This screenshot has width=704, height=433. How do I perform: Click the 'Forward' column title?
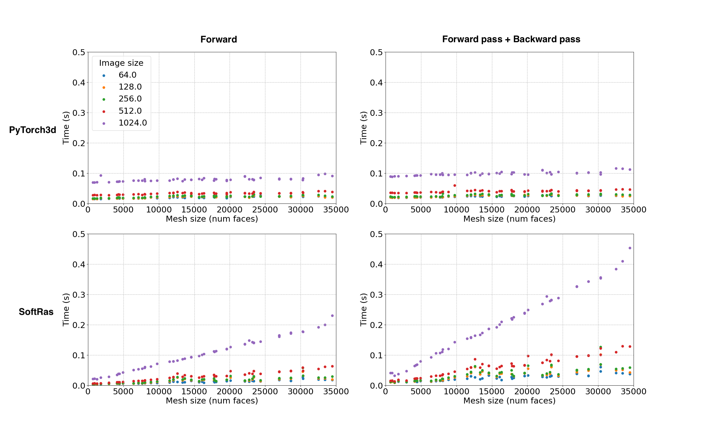coord(219,39)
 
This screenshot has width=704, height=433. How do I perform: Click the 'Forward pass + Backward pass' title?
coord(511,39)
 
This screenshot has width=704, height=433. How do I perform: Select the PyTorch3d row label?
coord(32,130)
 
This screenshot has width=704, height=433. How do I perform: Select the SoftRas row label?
coord(36,311)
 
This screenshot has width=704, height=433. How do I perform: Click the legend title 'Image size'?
coord(121,63)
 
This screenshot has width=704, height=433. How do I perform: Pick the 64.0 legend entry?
coord(127,75)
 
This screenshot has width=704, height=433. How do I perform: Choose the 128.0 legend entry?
coord(130,87)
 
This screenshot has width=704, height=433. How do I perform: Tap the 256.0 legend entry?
coord(130,99)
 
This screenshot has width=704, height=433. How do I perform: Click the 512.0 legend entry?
coord(130,111)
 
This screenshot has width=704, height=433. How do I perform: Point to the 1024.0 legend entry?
coord(132,123)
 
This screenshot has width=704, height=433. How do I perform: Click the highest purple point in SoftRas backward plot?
coord(630,248)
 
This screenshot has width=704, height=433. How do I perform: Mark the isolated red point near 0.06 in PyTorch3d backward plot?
coord(455,186)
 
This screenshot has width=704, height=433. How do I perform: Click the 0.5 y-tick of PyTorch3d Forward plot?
coord(79,53)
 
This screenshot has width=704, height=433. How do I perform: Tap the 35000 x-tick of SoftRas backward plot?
coord(633,392)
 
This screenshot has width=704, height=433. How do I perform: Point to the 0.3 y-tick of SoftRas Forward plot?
coord(79,295)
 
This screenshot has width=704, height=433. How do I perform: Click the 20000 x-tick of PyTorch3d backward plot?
coord(527,210)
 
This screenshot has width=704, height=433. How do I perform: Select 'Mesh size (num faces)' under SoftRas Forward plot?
coord(212,401)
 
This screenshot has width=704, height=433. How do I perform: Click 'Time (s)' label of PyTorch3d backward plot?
coord(363,128)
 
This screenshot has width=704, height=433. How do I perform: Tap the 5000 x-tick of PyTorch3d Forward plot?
coord(123,210)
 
